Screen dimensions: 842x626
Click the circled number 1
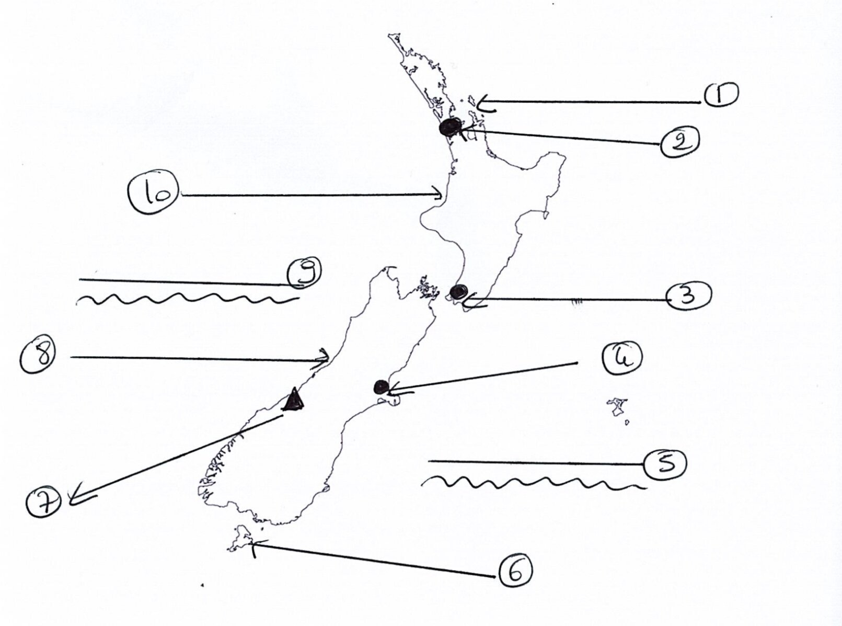(721, 95)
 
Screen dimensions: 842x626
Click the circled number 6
(515, 571)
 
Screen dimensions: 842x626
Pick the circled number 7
(44, 502)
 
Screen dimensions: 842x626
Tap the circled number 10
(154, 192)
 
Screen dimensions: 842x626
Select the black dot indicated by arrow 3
(458, 292)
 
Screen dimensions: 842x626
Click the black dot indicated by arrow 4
(381, 387)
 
